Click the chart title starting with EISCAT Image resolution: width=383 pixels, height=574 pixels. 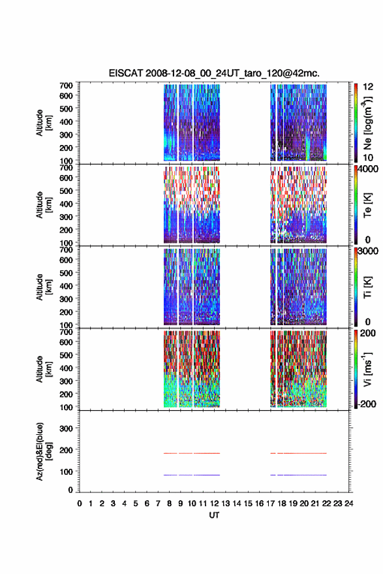click(214, 73)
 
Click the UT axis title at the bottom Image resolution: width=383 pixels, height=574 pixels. click(214, 515)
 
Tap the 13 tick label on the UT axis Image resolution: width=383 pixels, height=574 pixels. click(225, 503)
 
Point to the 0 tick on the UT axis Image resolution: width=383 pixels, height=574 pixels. click(80, 503)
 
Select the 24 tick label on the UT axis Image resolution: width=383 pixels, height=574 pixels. click(348, 503)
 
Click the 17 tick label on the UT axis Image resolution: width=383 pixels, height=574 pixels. click(270, 503)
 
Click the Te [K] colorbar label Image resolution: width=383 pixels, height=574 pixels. click(367, 205)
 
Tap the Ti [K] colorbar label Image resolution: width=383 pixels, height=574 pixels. click(367, 287)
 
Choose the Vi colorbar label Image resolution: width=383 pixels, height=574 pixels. click(367, 369)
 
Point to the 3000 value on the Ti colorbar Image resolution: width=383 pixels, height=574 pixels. click(369, 251)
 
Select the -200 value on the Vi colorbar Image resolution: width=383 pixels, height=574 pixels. click(367, 404)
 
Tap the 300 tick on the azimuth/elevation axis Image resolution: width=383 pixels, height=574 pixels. click(66, 428)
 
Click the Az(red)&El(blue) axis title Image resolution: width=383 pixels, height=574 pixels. click(44, 452)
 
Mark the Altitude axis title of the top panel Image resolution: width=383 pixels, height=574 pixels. click(44, 123)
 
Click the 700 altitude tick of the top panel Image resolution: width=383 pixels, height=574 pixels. click(66, 86)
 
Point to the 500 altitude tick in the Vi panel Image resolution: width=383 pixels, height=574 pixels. click(66, 355)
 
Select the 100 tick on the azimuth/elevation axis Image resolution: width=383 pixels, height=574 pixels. click(66, 471)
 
